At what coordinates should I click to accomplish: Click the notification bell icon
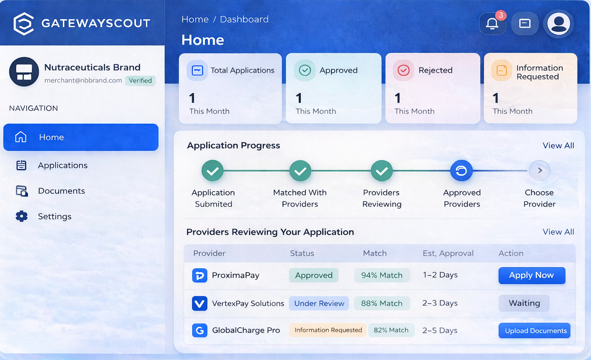coord(492,23)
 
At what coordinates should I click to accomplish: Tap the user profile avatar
coord(559,23)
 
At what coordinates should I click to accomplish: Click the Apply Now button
coord(532,275)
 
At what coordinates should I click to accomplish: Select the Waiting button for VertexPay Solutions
coord(524,303)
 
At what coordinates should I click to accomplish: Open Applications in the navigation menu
coord(63,166)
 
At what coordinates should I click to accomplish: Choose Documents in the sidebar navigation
coord(61,191)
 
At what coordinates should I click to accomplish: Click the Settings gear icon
coord(22,216)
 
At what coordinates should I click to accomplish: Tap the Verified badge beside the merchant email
coord(140,81)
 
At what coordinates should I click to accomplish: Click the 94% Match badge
coord(382,275)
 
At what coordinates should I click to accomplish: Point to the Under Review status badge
coord(319,303)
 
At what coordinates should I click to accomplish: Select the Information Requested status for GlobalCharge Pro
coord(328,330)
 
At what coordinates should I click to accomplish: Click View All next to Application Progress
coord(558,145)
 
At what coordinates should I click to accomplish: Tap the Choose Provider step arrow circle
coord(539,171)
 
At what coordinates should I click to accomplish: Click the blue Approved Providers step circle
coord(461,171)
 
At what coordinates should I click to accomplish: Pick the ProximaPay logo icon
coord(199,275)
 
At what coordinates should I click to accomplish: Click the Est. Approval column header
coord(448,253)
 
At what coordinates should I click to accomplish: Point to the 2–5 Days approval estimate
coord(440,330)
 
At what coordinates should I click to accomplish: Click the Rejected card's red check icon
coord(403,70)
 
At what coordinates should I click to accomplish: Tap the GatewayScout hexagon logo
coord(23,23)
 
